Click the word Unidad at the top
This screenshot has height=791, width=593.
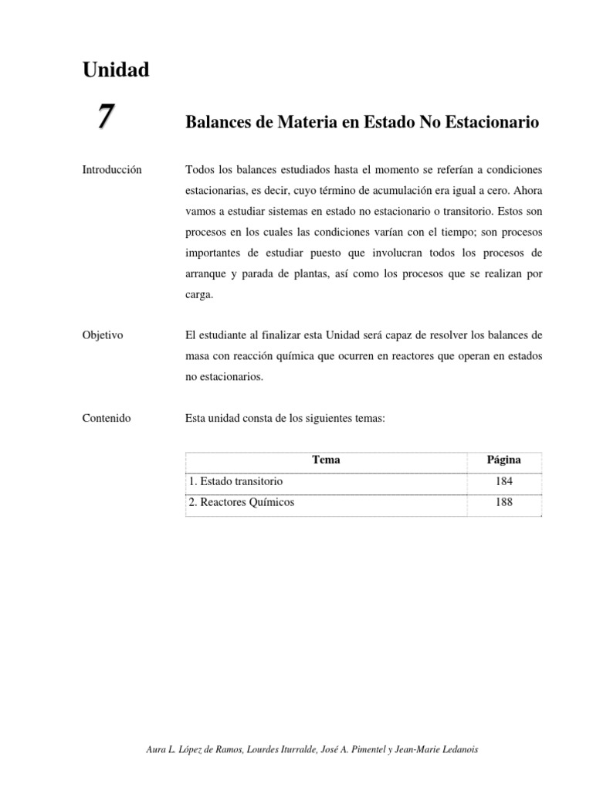(115, 70)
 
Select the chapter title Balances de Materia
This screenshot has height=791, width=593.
(362, 123)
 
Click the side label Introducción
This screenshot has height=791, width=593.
(112, 169)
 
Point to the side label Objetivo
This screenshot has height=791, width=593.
(103, 335)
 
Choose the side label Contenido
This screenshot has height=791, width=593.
(107, 418)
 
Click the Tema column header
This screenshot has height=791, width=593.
(326, 460)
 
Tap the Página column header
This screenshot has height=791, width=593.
(503, 460)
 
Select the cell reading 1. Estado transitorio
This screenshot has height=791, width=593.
(236, 481)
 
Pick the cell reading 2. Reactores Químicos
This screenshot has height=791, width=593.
(242, 502)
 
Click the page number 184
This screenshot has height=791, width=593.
(503, 481)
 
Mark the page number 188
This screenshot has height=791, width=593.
(503, 502)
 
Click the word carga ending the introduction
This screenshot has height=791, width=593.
(199, 294)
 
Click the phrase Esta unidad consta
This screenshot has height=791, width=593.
(232, 418)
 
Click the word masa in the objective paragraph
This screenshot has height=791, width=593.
(198, 356)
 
